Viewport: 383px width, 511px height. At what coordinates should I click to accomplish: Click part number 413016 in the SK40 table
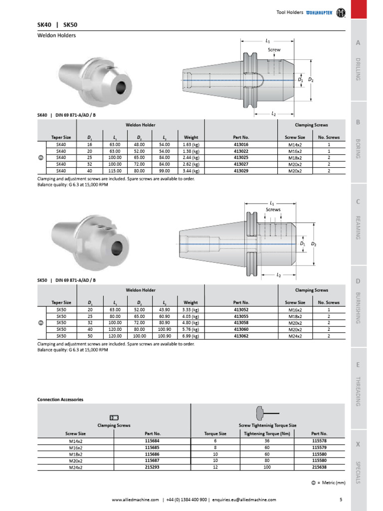point(241,145)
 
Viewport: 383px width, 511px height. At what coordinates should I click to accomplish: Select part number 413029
point(241,171)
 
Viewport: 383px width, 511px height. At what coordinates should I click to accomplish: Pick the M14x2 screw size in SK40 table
point(295,145)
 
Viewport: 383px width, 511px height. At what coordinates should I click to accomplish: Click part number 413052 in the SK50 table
point(241,310)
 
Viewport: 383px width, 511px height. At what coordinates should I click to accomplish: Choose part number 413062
point(241,336)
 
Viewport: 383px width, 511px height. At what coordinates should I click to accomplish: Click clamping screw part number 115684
point(152,441)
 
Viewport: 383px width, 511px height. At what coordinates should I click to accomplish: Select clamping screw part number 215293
point(152,467)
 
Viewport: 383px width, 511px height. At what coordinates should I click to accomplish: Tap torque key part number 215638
point(319,467)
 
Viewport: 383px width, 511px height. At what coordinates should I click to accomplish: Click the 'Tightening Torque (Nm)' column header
point(267,434)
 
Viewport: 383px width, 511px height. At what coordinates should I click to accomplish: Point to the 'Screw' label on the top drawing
point(274,50)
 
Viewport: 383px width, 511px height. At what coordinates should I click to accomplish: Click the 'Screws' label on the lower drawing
point(273,210)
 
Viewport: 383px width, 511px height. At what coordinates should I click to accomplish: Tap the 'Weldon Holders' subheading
point(57,36)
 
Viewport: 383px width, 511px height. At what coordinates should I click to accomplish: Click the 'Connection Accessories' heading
point(60,400)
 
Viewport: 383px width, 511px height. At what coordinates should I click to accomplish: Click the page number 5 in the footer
point(341,500)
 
